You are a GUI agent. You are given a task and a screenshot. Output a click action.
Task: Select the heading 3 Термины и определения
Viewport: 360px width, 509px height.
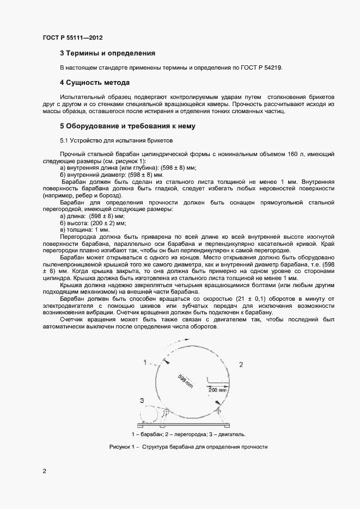[x=107, y=53]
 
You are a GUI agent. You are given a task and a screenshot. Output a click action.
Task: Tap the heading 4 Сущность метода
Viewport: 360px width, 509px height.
[x=94, y=83]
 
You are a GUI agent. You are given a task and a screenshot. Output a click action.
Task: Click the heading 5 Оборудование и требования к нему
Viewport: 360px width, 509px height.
[x=127, y=126]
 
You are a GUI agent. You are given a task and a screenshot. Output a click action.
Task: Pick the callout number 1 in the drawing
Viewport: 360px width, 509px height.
[x=145, y=362]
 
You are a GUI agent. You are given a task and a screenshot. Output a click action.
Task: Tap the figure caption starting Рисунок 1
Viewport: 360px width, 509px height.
[x=188, y=447]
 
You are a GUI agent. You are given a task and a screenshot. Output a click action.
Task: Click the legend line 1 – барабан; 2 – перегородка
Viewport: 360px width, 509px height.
[x=188, y=434]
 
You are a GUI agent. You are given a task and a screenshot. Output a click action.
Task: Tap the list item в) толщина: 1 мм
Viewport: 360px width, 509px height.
[x=85, y=230]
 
